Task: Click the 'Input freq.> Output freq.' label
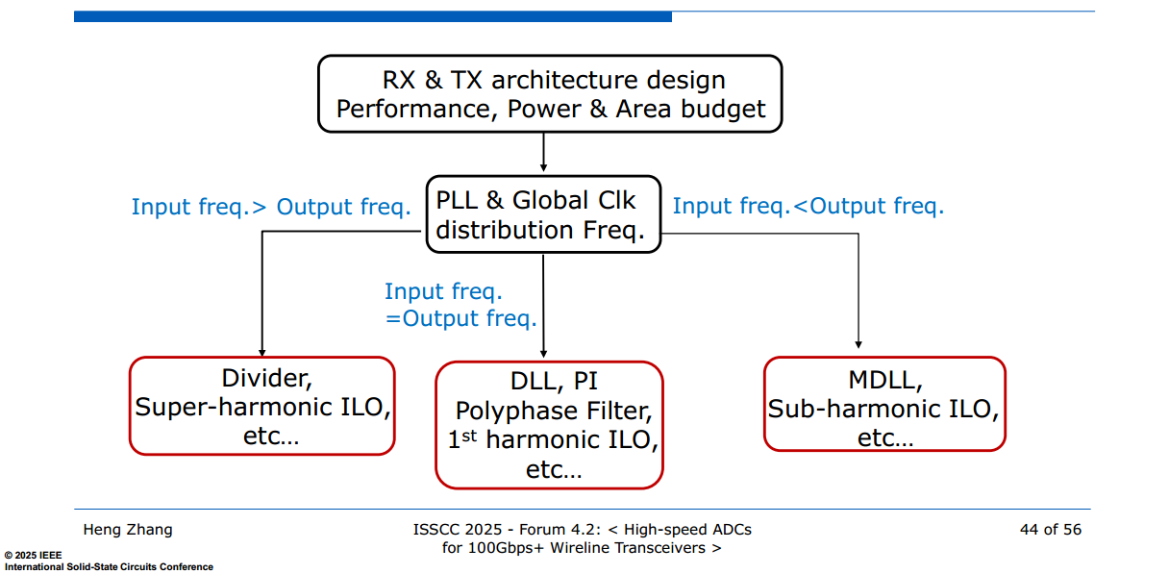(271, 207)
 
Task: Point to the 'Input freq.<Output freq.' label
(808, 206)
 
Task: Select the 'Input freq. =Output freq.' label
(460, 305)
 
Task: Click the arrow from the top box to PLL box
(543, 152)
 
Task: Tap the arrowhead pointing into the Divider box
(262, 353)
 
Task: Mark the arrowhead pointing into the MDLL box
(858, 344)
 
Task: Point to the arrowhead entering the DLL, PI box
(543, 354)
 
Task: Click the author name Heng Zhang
(128, 530)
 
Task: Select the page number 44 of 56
(1051, 530)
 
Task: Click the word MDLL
(885, 380)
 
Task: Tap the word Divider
(266, 378)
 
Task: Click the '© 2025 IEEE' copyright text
(33, 555)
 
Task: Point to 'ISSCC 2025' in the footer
(458, 530)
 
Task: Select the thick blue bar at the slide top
(373, 16)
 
